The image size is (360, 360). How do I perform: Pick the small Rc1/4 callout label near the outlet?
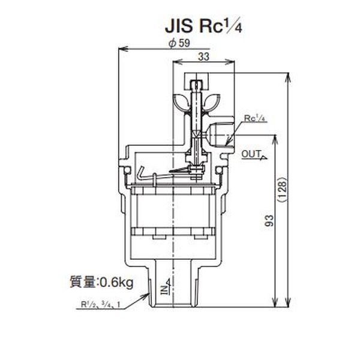(x=255, y=119)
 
